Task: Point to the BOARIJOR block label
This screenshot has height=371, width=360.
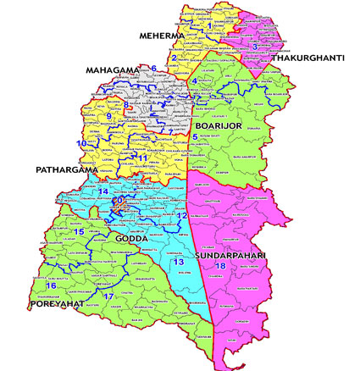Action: point(219,126)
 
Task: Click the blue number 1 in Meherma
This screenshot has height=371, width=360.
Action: point(209,25)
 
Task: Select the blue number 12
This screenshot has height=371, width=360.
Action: point(180,217)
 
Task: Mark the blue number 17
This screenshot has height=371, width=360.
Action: point(108,296)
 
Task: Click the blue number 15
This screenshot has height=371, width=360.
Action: point(80,231)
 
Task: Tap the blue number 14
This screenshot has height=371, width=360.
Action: point(103,193)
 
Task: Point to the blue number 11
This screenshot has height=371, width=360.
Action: point(143,158)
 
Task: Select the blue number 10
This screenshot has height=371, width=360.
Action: point(81,144)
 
